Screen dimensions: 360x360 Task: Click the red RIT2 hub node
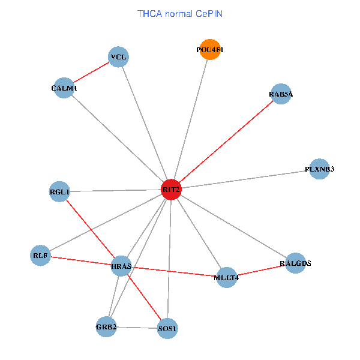point(171,190)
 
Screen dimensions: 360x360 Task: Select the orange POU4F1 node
point(209,50)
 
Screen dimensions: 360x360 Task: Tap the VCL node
point(118,58)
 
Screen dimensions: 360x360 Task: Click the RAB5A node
point(281,94)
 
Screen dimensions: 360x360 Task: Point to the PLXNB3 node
point(319,169)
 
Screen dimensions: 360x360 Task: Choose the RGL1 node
point(59,192)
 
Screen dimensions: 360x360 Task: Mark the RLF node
point(40,256)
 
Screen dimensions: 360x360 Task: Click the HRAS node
point(121,266)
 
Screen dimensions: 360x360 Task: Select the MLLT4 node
point(226,277)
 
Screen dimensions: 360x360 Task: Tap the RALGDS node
point(295,263)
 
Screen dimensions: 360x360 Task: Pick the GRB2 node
point(106,327)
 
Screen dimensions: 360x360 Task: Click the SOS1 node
point(167,329)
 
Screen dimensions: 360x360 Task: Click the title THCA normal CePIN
point(180,13)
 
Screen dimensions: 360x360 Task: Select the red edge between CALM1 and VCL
point(91,73)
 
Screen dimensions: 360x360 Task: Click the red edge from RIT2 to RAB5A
point(226,142)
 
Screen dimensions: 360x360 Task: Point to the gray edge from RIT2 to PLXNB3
point(245,179)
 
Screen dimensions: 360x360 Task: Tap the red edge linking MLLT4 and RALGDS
point(261,270)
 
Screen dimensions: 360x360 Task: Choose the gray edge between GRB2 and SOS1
point(137,328)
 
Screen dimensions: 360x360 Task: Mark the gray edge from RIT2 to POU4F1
point(190,120)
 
